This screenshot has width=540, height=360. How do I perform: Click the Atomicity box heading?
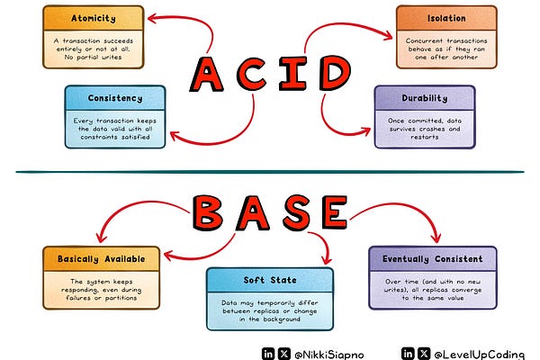93,18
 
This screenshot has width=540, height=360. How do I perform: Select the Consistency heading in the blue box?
114,98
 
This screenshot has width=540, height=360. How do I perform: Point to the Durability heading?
423,98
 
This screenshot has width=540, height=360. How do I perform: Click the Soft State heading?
268,279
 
